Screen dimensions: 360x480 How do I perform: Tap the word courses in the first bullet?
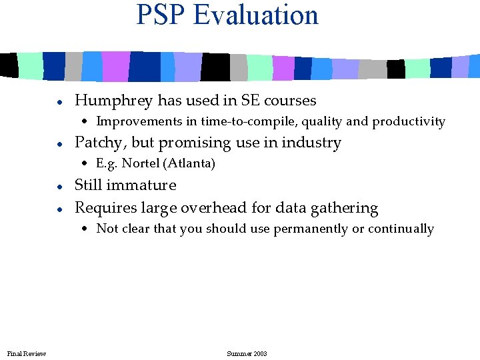290,101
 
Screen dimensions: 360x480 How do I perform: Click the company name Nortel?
135,163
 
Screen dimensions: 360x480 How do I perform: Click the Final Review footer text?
26,353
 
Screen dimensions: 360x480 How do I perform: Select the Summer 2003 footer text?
247,353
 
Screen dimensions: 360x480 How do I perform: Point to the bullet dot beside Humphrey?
59,102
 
